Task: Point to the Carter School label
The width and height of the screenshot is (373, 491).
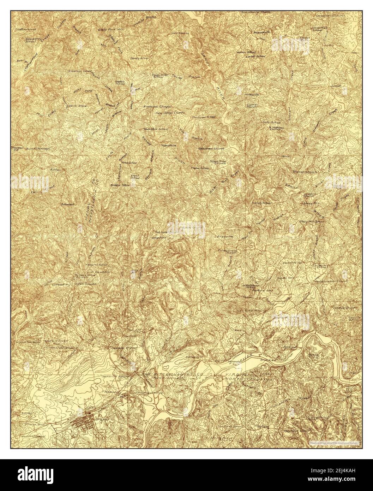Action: click(255, 56)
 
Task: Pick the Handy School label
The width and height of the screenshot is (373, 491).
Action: click(261, 203)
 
